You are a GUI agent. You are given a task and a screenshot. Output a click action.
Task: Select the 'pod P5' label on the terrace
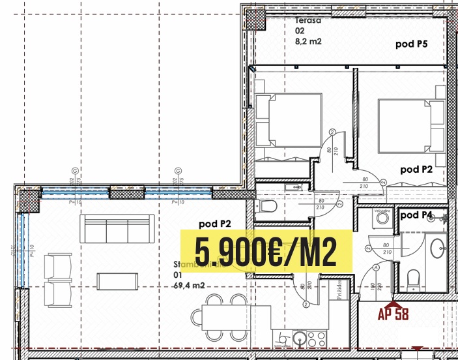coord(412,44)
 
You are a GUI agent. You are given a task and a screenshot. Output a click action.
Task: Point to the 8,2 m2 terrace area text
coord(309,40)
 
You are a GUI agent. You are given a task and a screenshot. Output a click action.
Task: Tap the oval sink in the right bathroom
coord(437,248)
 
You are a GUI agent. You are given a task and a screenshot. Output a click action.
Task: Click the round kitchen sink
coord(299,338)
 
